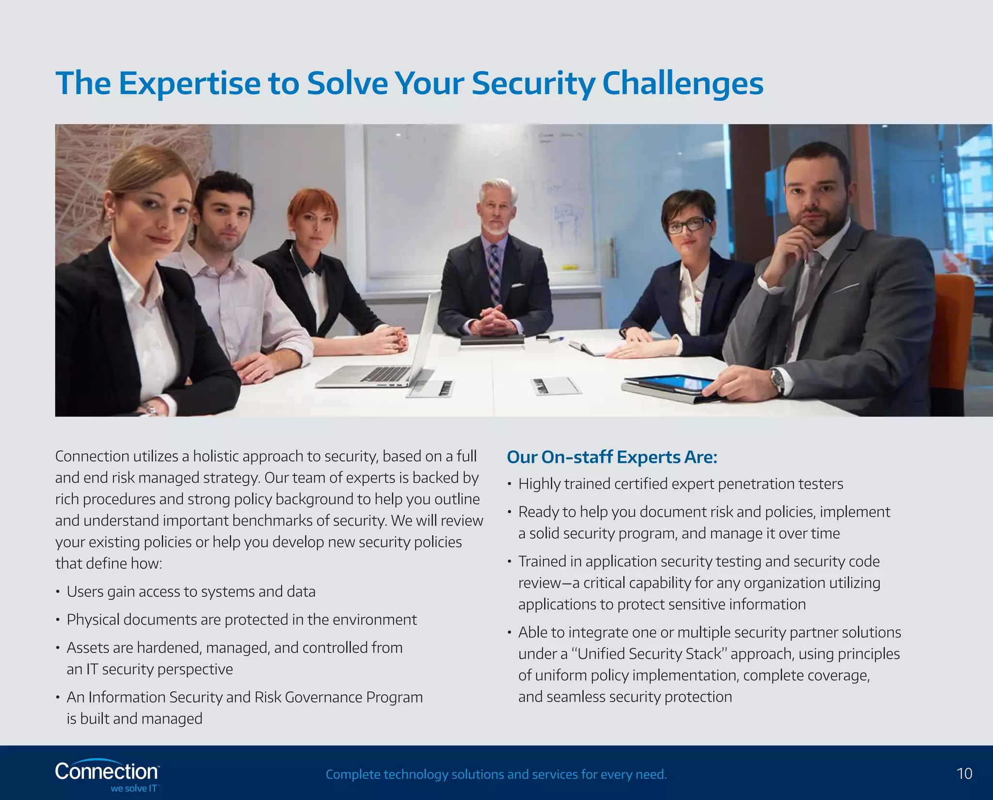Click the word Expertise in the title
coord(190,83)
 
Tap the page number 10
coord(964,773)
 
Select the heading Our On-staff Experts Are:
coord(612,457)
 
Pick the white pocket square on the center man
coord(518,286)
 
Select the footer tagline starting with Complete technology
coord(496,774)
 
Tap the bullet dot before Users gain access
coord(58,592)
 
